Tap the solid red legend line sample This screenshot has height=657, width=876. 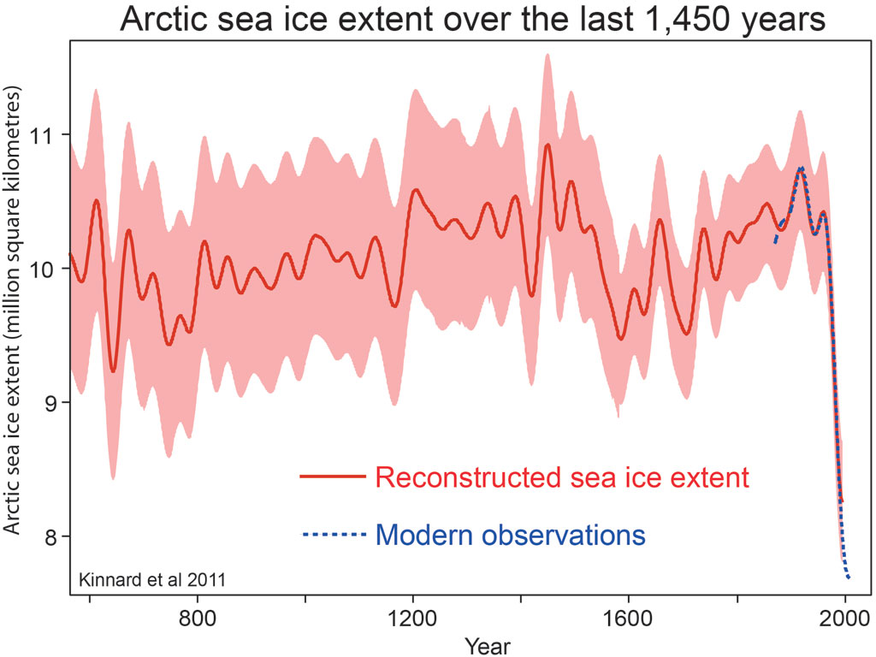pyautogui.click(x=333, y=477)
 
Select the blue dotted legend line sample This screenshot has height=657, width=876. pyautogui.click(x=333, y=536)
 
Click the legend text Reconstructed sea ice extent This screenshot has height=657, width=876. pyautogui.click(x=562, y=477)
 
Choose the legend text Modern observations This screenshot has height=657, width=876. pyautogui.click(x=510, y=536)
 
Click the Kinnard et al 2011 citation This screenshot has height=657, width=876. pyautogui.click(x=151, y=580)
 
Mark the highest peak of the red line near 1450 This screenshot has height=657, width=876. pyautogui.click(x=547, y=145)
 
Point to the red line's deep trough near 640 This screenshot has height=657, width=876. pyautogui.click(x=114, y=371)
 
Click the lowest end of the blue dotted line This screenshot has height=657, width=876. pyautogui.click(x=849, y=578)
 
